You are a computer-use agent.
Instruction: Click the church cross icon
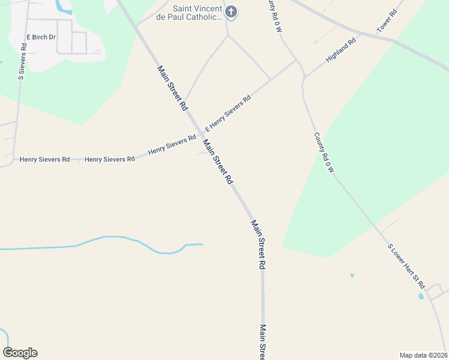click(231, 12)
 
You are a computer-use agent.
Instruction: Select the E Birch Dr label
click(41, 37)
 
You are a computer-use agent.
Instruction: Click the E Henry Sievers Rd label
click(228, 113)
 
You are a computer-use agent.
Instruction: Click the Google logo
click(20, 353)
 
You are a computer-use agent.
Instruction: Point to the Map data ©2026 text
click(423, 355)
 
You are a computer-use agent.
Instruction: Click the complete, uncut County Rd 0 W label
click(324, 152)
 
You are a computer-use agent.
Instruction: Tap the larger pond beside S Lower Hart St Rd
click(421, 296)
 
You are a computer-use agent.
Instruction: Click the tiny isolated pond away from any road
click(352, 275)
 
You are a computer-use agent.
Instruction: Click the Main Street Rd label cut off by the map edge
click(263, 343)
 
